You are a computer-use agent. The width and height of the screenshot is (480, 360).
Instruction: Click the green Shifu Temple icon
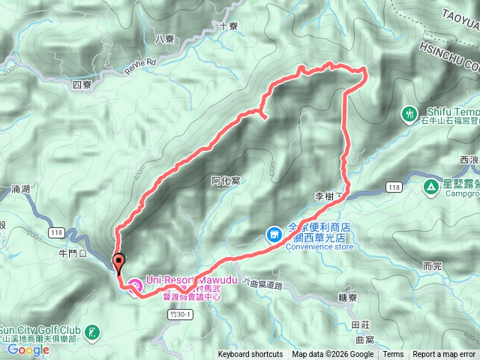pyautogui.click(x=409, y=113)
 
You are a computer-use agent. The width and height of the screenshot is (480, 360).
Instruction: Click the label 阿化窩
pyautogui.click(x=225, y=180)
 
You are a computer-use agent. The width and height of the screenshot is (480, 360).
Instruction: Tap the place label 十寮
pyautogui.click(x=229, y=25)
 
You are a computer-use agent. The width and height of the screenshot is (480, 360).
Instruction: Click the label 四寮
pyautogui.click(x=82, y=85)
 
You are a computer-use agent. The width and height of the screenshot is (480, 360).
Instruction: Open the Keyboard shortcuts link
pyautogui.click(x=250, y=355)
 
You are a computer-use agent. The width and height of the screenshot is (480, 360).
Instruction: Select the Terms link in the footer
pyautogui.click(x=393, y=355)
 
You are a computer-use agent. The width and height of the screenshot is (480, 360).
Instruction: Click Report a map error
pyautogui.click(x=444, y=355)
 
